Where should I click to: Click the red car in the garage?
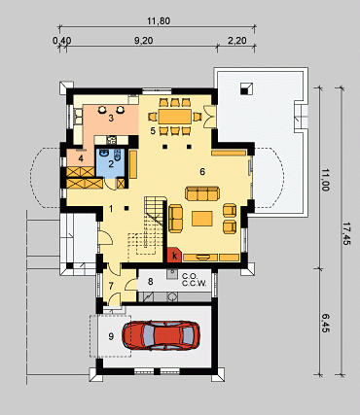(161, 335)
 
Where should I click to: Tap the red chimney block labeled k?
(174, 255)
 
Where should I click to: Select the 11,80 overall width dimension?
(159, 21)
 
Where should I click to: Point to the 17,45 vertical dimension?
(345, 233)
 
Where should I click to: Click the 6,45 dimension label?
(326, 323)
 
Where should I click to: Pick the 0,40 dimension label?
(61, 41)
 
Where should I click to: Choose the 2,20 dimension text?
(236, 41)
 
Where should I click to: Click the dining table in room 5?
(174, 117)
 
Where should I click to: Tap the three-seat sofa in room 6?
(202, 193)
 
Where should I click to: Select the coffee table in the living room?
(202, 219)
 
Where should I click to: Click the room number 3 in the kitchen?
(111, 119)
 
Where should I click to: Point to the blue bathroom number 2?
(111, 164)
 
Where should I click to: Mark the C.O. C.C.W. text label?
(194, 280)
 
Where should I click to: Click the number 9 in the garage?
(111, 336)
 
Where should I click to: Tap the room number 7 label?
(111, 286)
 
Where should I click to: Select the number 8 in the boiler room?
(150, 282)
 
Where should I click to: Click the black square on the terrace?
(246, 88)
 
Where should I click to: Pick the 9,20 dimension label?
(143, 41)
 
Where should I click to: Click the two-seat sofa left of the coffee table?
(175, 219)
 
